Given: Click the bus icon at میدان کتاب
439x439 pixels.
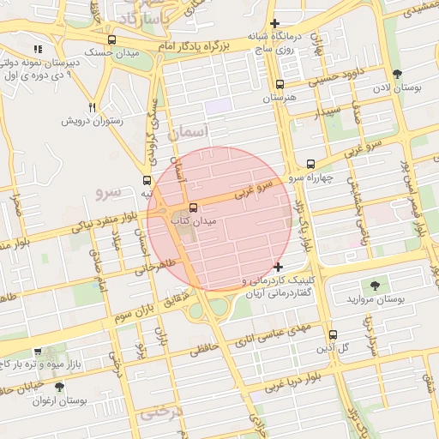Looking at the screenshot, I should (x=193, y=207).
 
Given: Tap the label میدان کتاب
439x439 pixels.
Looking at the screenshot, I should (x=197, y=221).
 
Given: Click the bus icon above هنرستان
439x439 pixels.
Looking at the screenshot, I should (x=280, y=84).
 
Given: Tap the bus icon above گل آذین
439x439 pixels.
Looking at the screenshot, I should (x=333, y=334).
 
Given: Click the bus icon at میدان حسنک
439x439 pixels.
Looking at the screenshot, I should (x=111, y=39).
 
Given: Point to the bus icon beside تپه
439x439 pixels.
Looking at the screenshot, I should (x=147, y=181).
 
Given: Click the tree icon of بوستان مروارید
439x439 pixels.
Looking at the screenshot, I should (x=374, y=285).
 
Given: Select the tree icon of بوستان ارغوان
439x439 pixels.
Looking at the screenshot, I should (x=59, y=388).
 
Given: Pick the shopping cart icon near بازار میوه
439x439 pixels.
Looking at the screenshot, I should (x=38, y=352).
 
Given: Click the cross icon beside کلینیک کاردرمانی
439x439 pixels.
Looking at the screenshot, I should (x=277, y=267).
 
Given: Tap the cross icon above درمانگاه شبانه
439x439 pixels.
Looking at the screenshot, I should (x=274, y=23).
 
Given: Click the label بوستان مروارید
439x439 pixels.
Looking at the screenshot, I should (x=375, y=299).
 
